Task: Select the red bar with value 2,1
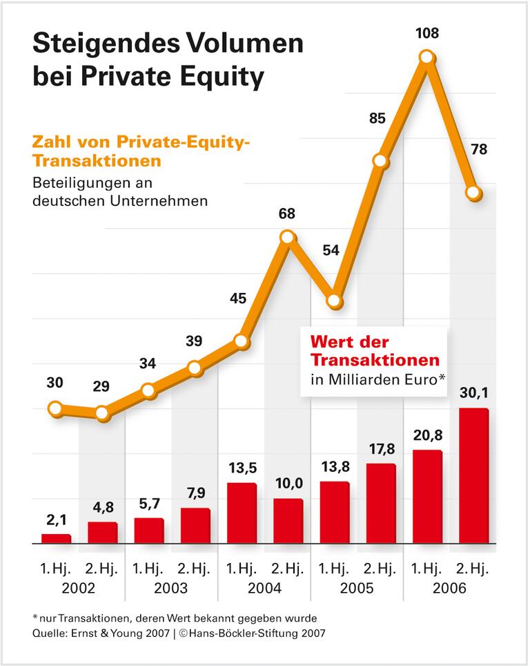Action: click(x=56, y=539)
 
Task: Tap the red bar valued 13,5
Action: click(x=242, y=513)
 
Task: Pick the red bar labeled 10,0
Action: click(x=288, y=521)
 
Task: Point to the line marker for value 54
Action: click(x=334, y=301)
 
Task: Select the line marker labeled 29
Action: click(x=102, y=414)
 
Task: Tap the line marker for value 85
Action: click(x=380, y=161)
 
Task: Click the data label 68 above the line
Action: click(x=287, y=213)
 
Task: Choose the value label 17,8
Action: click(x=380, y=448)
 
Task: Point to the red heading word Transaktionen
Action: click(x=375, y=360)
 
